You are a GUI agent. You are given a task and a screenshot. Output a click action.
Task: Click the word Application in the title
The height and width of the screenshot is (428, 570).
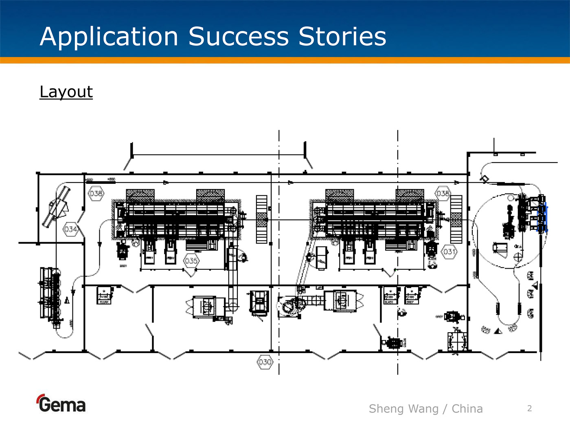pos(109,37)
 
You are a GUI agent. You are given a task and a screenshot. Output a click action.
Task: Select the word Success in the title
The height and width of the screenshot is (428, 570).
pos(239,37)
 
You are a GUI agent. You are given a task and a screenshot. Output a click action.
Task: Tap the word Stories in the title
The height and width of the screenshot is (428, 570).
pos(342,37)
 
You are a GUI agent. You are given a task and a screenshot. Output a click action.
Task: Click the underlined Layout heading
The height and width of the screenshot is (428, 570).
pos(66,92)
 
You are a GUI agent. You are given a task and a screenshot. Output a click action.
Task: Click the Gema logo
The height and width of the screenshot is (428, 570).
pos(61,404)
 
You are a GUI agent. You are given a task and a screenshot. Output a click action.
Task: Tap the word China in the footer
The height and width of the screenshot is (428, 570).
pos(467,408)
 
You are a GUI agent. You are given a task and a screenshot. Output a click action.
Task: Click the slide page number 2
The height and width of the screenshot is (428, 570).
pos(529,408)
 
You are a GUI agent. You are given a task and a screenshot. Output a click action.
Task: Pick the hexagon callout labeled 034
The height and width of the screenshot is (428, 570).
pos(70,229)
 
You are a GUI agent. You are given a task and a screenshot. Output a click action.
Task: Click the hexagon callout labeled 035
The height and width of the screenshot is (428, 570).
pos(191,260)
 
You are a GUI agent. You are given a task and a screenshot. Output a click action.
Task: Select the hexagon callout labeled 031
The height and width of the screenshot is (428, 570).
pos(449,252)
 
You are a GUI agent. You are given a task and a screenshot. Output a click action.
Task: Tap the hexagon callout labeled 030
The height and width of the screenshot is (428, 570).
pos(265,362)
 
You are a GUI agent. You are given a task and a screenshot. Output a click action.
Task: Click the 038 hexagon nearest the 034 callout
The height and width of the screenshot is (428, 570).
pos(96,193)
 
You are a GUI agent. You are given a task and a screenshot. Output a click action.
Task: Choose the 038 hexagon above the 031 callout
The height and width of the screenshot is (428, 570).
pos(443,193)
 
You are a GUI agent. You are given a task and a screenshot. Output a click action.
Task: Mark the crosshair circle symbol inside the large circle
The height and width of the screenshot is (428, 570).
pos(518,257)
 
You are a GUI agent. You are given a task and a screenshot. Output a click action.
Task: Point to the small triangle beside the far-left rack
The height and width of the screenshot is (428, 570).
pos(67,301)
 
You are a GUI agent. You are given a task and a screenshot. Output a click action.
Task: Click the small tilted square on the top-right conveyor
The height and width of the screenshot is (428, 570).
pos(484,179)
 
